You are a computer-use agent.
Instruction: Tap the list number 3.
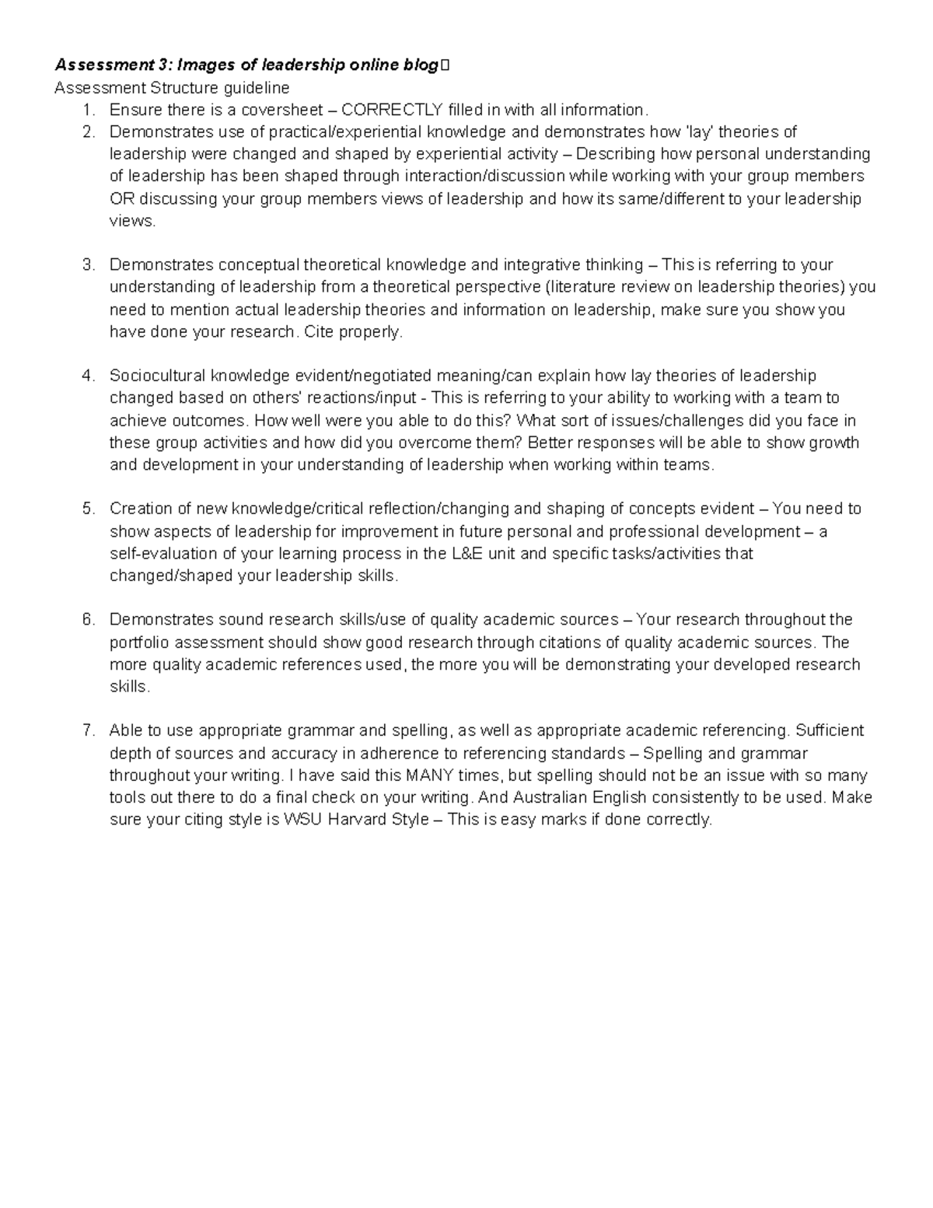(88, 265)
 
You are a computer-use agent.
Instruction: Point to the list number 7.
(88, 731)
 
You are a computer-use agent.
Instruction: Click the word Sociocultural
(155, 376)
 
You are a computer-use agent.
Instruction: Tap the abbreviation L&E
(463, 554)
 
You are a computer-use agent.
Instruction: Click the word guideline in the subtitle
(254, 87)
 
